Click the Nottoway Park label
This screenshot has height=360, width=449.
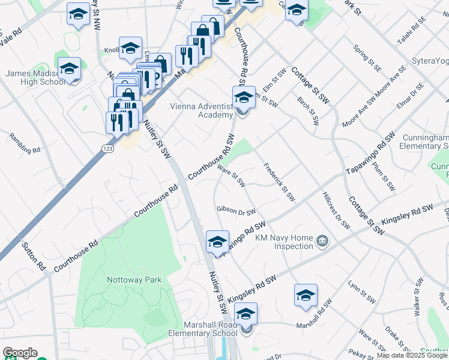[x=134, y=280]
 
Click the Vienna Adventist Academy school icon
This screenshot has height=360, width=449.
[x=243, y=97]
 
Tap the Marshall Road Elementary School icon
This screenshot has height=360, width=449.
[x=246, y=314]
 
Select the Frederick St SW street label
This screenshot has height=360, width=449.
[x=280, y=181]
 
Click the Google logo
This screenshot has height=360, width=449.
[x=20, y=353]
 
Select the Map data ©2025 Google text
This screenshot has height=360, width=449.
[x=412, y=355]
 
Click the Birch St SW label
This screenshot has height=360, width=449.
[x=308, y=109]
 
